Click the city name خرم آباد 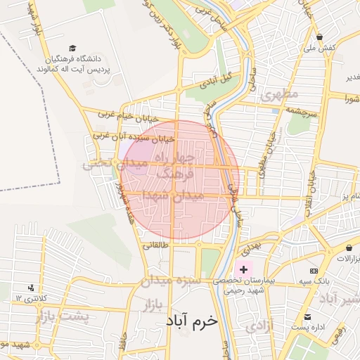coord(192,321)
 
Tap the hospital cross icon coord(244,269)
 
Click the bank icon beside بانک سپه coord(313,271)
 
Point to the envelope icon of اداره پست coord(307,317)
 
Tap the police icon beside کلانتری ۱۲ coord(31,288)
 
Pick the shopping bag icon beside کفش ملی coord(320,37)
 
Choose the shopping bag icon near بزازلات coord(349,247)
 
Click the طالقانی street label coord(155,246)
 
